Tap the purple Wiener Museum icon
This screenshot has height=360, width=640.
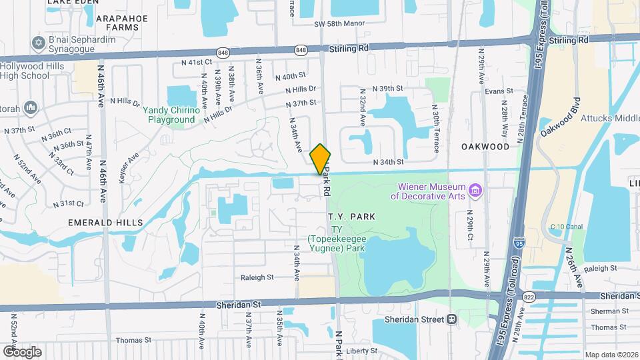coord(475,191)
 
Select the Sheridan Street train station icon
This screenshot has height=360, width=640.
coord(453,319)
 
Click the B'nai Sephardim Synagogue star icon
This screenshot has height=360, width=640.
coord(38,43)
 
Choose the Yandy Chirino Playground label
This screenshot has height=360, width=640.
coord(173,115)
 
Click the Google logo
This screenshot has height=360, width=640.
coord(21,351)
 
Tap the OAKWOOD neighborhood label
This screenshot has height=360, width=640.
coord(485,146)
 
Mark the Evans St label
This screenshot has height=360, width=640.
coord(499,91)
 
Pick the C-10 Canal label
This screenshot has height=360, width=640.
coord(567,226)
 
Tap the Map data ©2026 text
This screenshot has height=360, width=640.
coord(611,355)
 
